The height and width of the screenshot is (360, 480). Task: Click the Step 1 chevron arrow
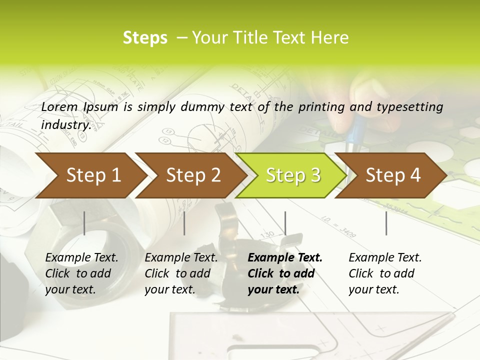(90, 175)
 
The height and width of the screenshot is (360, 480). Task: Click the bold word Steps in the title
(145, 38)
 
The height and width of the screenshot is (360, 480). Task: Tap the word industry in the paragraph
(65, 124)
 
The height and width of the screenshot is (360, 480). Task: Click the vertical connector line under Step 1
(84, 223)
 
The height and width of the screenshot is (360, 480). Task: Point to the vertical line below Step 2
(184, 223)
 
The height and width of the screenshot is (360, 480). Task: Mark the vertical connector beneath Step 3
(285, 223)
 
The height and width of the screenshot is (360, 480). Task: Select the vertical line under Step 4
(386, 223)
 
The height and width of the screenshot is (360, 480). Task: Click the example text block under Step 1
(81, 273)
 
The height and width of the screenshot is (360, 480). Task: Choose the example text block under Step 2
(181, 273)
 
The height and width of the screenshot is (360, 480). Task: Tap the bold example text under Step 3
(285, 273)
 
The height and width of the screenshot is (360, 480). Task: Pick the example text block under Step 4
(385, 273)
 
